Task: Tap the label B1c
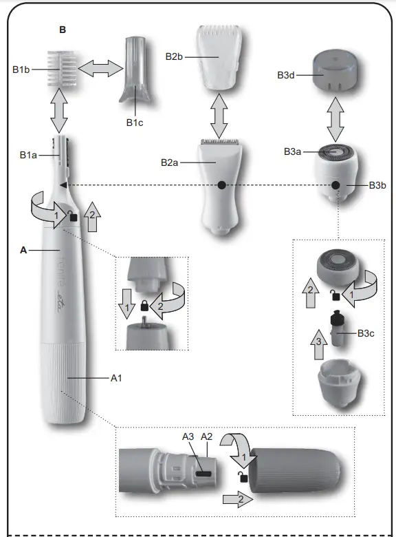click(x=135, y=123)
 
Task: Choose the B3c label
click(x=366, y=334)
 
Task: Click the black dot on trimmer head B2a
click(x=221, y=185)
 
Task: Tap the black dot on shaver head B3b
click(x=335, y=185)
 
